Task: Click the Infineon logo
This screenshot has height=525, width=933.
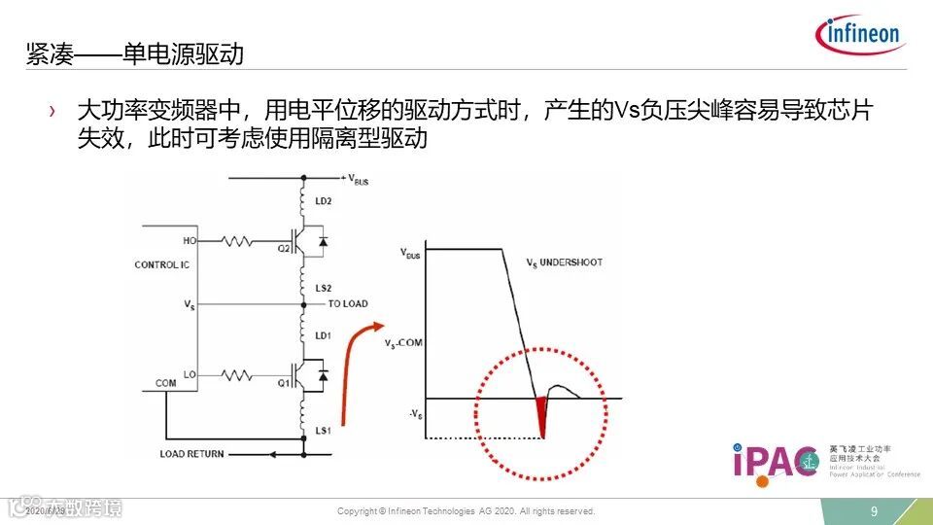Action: coord(862,35)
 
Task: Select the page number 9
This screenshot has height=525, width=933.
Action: coord(874,511)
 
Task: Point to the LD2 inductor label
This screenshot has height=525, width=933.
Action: coord(322,201)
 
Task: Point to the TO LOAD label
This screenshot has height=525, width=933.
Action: coord(349,304)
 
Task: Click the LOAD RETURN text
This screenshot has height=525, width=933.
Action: coord(191,453)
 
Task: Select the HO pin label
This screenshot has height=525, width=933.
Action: coord(188,239)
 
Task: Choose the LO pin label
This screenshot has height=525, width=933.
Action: coord(188,373)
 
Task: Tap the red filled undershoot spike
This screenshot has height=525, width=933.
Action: coord(541,413)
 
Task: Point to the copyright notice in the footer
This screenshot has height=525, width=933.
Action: coord(466,511)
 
